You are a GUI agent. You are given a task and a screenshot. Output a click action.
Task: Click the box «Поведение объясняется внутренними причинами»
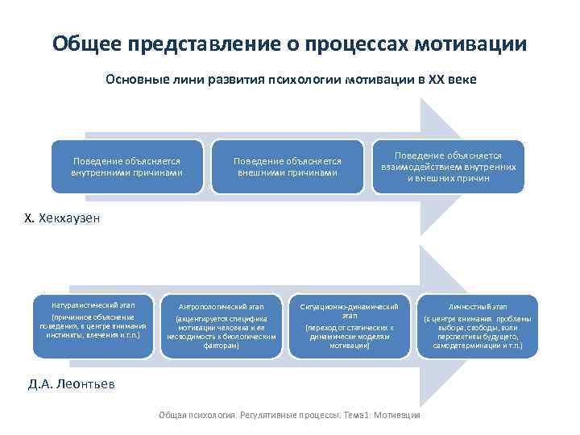[x=126, y=167]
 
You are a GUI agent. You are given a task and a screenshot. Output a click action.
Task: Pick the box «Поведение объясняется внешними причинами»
[x=287, y=167]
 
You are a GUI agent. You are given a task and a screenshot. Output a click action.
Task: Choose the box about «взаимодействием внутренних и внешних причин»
[x=448, y=167]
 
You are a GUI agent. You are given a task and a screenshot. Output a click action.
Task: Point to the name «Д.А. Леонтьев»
[x=72, y=384]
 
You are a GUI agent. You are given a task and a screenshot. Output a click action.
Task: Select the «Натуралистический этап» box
[x=93, y=326]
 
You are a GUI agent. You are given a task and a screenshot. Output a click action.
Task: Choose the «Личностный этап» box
[x=477, y=326]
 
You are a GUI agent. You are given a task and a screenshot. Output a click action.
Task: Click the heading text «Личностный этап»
[x=477, y=307]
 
